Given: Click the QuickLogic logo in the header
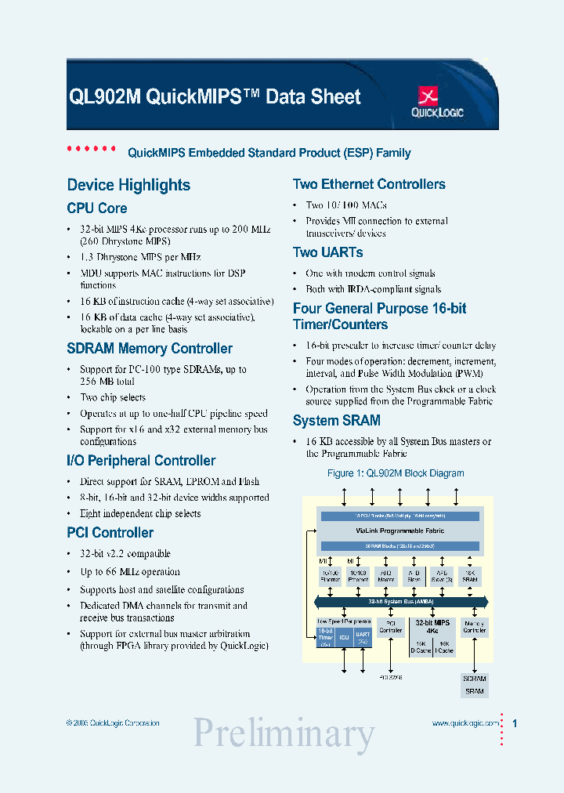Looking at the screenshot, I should pyautogui.click(x=437, y=103).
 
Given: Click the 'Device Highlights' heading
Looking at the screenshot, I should pyautogui.click(x=128, y=185).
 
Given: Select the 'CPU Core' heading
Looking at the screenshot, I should pyautogui.click(x=97, y=208).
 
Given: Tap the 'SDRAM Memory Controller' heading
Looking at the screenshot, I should pyautogui.click(x=150, y=349).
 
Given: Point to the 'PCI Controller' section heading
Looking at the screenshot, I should pyautogui.click(x=110, y=533).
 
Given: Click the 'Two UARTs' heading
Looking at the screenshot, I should pyautogui.click(x=327, y=252).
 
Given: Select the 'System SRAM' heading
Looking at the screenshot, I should pyautogui.click(x=336, y=421).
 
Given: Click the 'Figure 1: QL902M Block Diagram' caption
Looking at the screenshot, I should pyautogui.click(x=395, y=473).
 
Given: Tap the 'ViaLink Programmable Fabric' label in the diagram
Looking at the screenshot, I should pyautogui.click(x=400, y=530).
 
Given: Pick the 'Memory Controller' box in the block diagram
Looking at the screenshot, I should pyautogui.click(x=474, y=626).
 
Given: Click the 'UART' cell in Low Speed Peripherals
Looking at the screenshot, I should pyautogui.click(x=363, y=636).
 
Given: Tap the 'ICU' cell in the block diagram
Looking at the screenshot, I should pyautogui.click(x=344, y=637).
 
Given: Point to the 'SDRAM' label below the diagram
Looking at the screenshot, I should pyautogui.click(x=474, y=679).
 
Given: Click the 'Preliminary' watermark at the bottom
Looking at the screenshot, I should pyautogui.click(x=284, y=734).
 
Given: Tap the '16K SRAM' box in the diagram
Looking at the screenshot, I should pyautogui.click(x=469, y=576).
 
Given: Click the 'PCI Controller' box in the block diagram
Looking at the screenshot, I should pyautogui.click(x=390, y=626).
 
